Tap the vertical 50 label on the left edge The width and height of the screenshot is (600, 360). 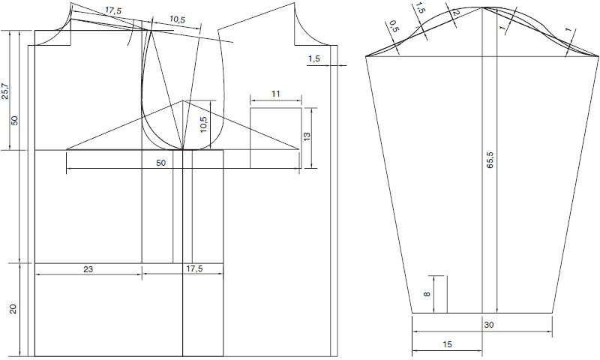(14, 121)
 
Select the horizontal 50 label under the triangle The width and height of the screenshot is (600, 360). (161, 163)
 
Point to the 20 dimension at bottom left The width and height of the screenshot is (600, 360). (13, 309)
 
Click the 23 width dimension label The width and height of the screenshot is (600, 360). (88, 269)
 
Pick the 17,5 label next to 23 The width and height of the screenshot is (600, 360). (194, 269)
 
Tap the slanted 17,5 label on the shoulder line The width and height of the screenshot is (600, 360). (113, 11)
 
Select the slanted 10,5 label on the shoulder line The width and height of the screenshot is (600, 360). (177, 19)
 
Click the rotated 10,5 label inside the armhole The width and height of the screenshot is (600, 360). (203, 124)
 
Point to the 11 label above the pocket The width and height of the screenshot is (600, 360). (276, 94)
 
